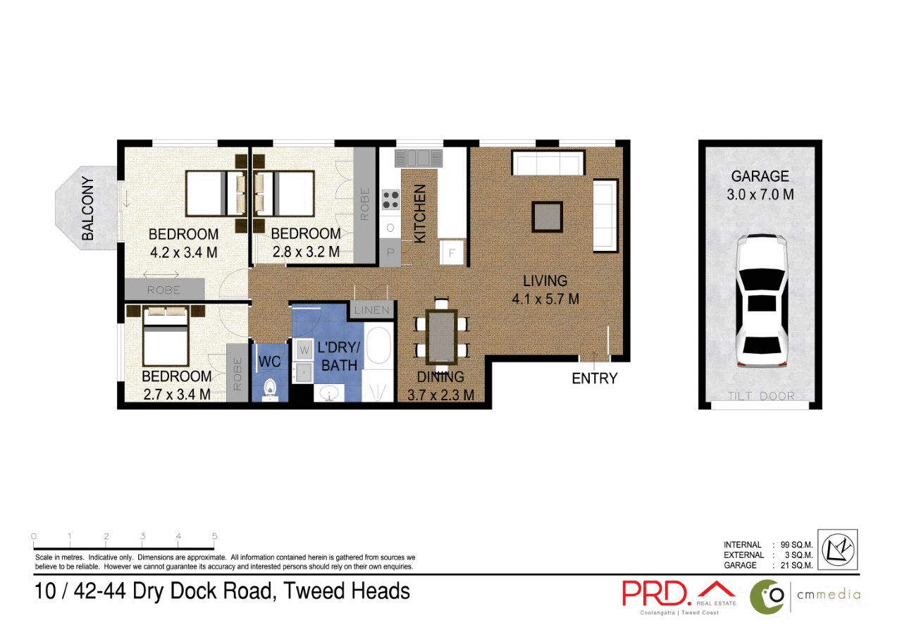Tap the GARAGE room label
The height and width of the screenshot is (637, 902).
point(760,176)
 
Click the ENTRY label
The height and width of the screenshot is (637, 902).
point(594,378)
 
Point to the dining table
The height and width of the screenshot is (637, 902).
point(442,336)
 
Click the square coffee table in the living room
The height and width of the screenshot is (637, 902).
point(547,216)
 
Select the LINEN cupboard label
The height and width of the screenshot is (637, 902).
point(372,310)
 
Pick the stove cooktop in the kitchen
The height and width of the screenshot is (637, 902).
point(390,200)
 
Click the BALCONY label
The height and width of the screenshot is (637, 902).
point(88,209)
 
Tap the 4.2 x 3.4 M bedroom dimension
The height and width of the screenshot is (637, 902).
point(183,252)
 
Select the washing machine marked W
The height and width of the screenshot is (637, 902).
point(304,348)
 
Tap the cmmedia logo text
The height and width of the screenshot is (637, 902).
point(828,594)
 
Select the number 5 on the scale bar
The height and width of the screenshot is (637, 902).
point(214,537)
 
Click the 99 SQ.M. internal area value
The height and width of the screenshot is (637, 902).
point(796,545)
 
